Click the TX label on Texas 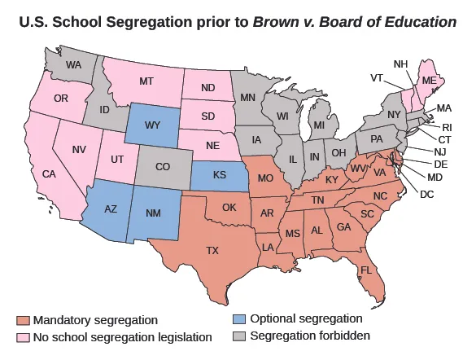213,251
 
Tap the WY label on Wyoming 153,126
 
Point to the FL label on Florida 367,270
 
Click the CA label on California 49,173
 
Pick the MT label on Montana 146,81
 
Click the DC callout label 427,194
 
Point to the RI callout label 446,127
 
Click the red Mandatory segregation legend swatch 23,320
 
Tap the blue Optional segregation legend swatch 238,318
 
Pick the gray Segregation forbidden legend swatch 238,335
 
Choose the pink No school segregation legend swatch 23,336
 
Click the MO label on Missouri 265,178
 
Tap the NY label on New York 395,114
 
